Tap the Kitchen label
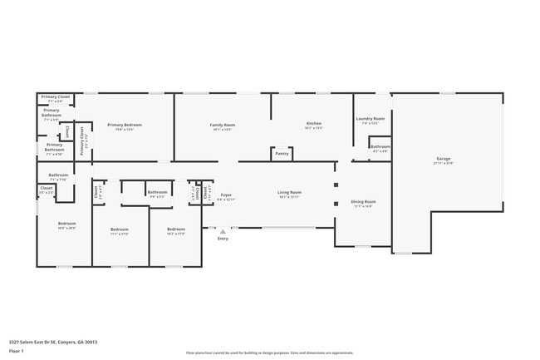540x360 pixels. pyautogui.click(x=313, y=125)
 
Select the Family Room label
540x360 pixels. pyautogui.click(x=222, y=125)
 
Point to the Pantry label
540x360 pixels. pyautogui.click(x=282, y=153)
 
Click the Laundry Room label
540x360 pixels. pyautogui.click(x=371, y=119)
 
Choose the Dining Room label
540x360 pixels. pyautogui.click(x=364, y=202)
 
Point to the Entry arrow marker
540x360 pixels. pyautogui.click(x=223, y=230)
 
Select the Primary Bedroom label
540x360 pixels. pyautogui.click(x=125, y=125)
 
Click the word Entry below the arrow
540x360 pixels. pyautogui.click(x=223, y=239)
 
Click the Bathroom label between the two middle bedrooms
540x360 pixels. pyautogui.click(x=158, y=192)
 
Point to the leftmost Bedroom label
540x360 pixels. pyautogui.click(x=66, y=224)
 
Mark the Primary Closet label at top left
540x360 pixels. pyautogui.click(x=55, y=97)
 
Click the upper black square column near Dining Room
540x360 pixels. pyautogui.click(x=336, y=186)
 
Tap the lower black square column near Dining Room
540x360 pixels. pyautogui.click(x=336, y=204)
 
